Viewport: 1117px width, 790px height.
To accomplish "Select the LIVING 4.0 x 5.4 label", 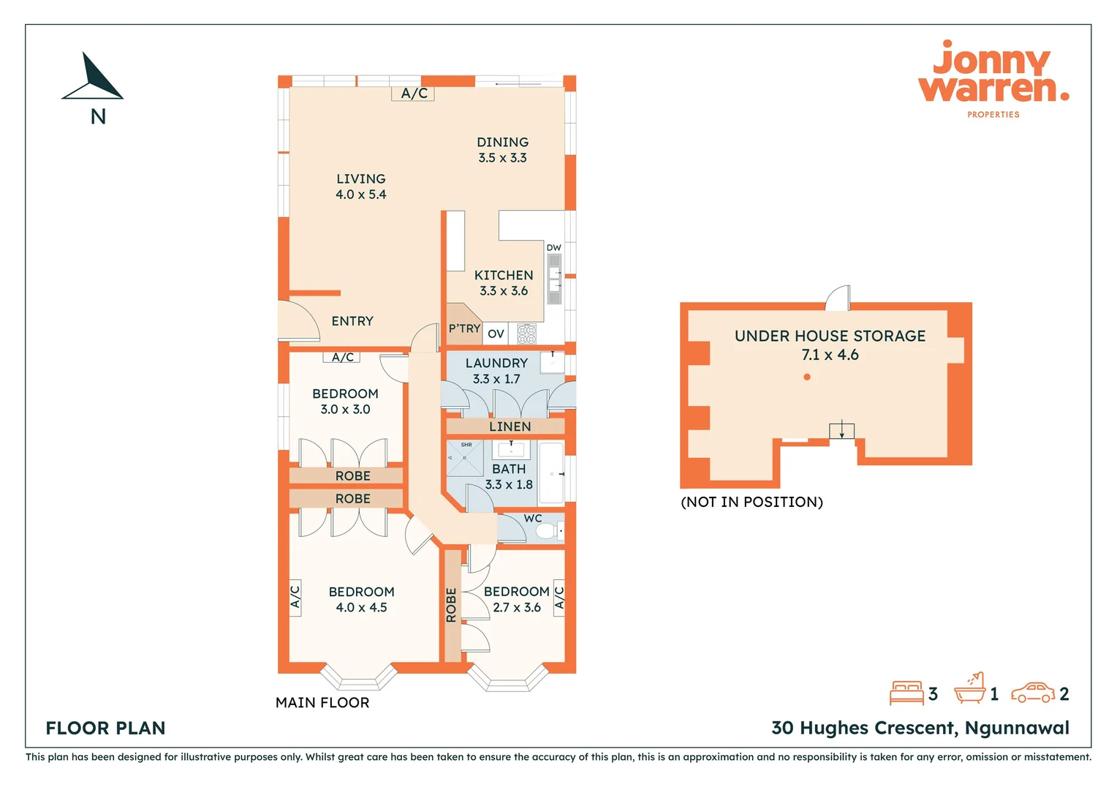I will [x=360, y=187].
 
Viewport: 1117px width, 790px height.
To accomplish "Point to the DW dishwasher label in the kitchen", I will [x=553, y=248].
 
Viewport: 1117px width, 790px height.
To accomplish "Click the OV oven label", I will [x=496, y=334].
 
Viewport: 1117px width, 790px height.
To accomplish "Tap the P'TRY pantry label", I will [x=464, y=328].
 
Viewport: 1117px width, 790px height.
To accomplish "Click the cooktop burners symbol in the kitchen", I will [x=526, y=334].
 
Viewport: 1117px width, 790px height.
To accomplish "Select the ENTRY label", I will [x=352, y=321].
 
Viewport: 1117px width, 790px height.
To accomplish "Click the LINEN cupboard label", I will [x=510, y=426].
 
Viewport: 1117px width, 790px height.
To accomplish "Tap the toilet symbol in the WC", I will [x=548, y=530].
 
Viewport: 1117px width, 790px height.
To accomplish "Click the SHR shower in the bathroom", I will [x=465, y=458].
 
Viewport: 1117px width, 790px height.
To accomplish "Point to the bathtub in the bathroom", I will [x=551, y=473].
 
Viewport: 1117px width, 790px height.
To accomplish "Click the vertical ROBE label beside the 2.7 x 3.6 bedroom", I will [x=451, y=605].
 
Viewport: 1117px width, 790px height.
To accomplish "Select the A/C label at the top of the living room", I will [x=414, y=94].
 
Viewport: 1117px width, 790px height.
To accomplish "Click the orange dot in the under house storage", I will [x=806, y=377].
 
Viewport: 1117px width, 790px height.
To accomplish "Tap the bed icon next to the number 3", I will [x=906, y=693].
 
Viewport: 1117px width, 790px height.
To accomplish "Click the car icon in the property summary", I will [x=1032, y=693].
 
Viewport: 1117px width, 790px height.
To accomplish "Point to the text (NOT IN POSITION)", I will [x=751, y=502].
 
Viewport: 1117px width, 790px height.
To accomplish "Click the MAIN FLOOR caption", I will [x=322, y=702].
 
